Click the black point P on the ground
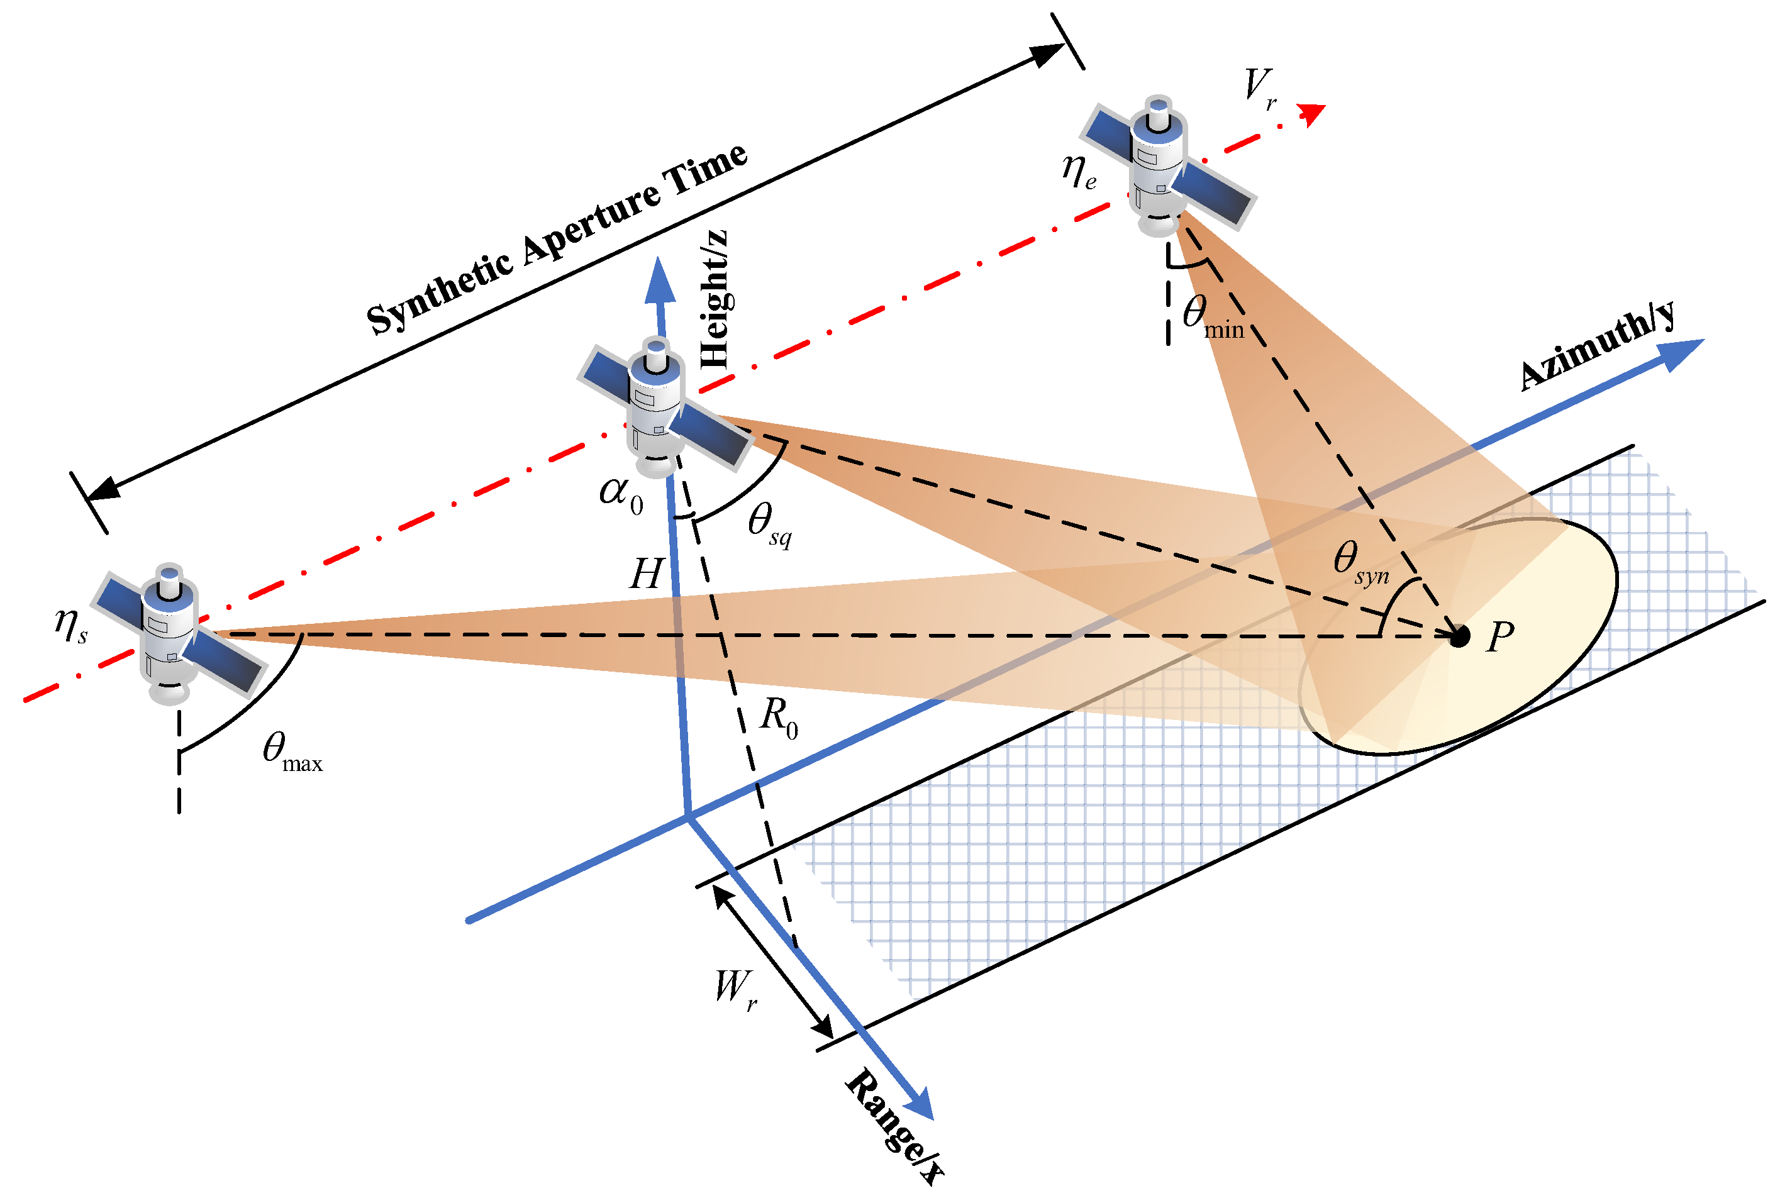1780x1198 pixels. [1459, 636]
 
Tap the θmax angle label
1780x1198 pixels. [291, 752]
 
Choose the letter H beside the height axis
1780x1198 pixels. [645, 574]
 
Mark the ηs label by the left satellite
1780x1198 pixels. [70, 625]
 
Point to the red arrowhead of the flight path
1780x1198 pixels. [1313, 113]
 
